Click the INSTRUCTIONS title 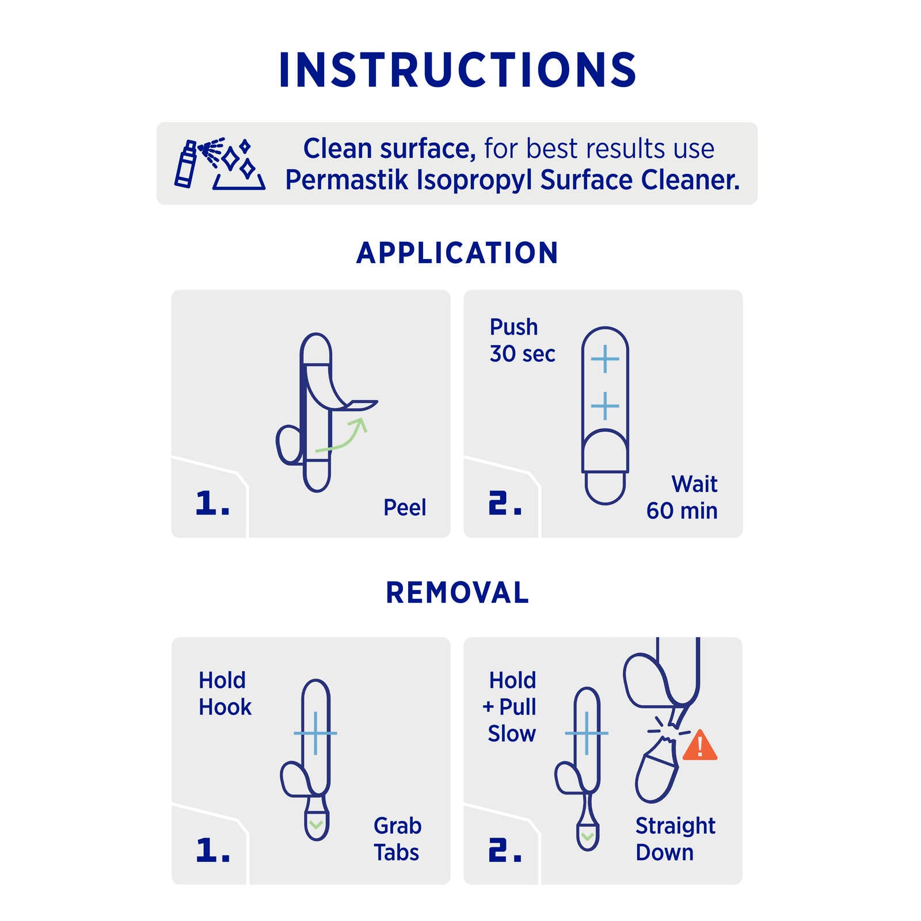458,70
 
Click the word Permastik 347,180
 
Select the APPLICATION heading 458,253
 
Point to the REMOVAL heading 458,593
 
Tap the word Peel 405,508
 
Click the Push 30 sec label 522,340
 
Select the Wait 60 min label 682,497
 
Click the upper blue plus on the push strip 605,360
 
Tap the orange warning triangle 700,745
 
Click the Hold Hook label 225,694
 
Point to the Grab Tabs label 397,839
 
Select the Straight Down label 675,839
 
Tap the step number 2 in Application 505,503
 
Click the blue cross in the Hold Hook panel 315,733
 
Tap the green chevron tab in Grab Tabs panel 315,825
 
